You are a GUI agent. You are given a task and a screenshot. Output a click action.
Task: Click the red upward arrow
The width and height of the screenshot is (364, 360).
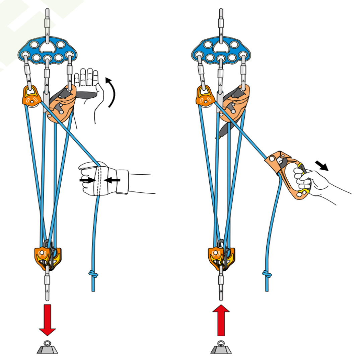pyautogui.click(x=221, y=320)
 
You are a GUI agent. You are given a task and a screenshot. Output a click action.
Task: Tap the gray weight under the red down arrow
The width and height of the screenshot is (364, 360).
pyautogui.click(x=47, y=348)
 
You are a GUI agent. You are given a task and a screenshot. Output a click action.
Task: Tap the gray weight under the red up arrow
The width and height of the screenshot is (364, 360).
pyautogui.click(x=221, y=348)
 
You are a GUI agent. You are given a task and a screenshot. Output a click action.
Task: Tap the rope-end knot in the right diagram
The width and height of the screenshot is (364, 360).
pyautogui.click(x=267, y=274)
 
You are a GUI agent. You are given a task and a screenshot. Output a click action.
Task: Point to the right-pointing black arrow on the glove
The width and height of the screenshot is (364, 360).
pyautogui.click(x=86, y=180)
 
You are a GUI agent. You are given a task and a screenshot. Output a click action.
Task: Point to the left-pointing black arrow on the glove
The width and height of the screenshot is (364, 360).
pyautogui.click(x=113, y=180)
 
